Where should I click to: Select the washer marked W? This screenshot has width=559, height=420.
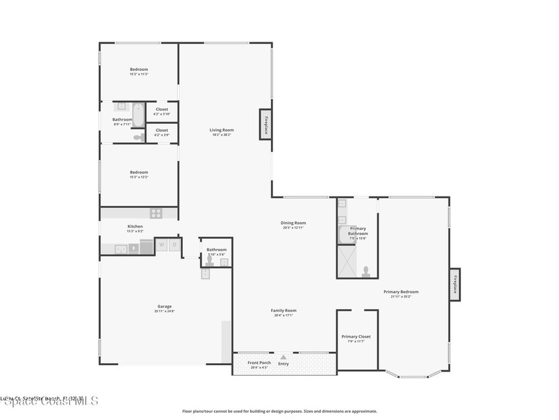click(x=162, y=245)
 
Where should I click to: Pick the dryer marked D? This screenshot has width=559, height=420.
click(x=175, y=245)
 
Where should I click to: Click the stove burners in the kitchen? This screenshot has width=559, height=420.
click(x=156, y=213)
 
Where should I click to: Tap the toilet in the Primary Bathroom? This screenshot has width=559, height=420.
click(x=366, y=271)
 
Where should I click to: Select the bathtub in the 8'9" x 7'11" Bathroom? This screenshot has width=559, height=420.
click(x=139, y=114)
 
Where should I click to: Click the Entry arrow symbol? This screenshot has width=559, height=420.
click(x=283, y=357)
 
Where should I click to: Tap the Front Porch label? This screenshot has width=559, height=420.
click(x=259, y=363)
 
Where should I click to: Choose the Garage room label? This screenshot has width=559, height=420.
click(x=164, y=306)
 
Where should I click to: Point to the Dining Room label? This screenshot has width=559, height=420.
click(x=293, y=223)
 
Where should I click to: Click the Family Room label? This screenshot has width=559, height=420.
click(x=283, y=310)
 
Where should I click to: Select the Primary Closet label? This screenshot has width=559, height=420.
click(x=356, y=336)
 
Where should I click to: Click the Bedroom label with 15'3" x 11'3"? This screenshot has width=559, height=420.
click(x=139, y=69)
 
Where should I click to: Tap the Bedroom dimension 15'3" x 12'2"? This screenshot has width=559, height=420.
click(x=139, y=177)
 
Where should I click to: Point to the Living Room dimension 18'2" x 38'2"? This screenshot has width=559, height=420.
click(x=222, y=135)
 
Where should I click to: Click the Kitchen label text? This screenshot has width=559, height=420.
click(x=135, y=226)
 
